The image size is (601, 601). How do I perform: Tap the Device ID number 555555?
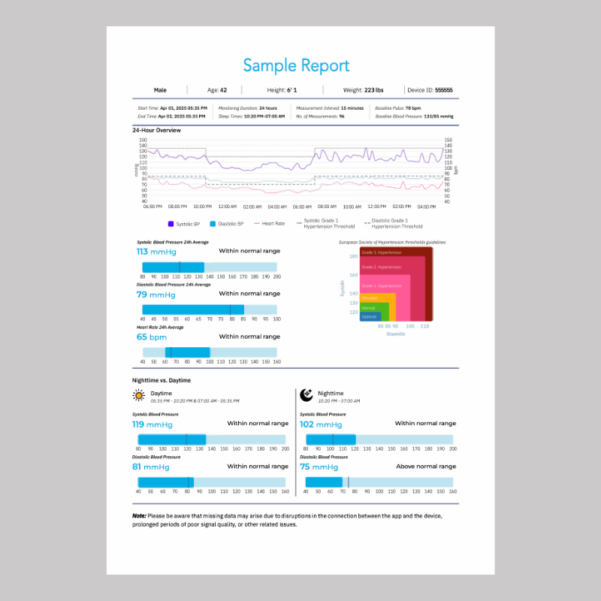point(444,90)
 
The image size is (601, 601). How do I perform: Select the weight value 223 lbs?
point(373,90)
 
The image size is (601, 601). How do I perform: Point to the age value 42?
point(223,90)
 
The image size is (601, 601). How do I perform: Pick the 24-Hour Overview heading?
point(156,130)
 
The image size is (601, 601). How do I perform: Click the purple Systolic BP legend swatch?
point(171,224)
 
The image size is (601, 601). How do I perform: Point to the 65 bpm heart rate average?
point(152,337)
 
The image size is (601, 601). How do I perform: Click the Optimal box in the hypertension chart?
point(369,316)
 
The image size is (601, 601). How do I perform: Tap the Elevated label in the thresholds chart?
point(370,298)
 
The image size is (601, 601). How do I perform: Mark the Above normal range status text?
point(425,467)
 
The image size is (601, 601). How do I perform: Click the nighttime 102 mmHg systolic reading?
point(319,424)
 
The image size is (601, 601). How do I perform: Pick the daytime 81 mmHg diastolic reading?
point(151,467)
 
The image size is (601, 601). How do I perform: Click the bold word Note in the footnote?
point(139,516)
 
